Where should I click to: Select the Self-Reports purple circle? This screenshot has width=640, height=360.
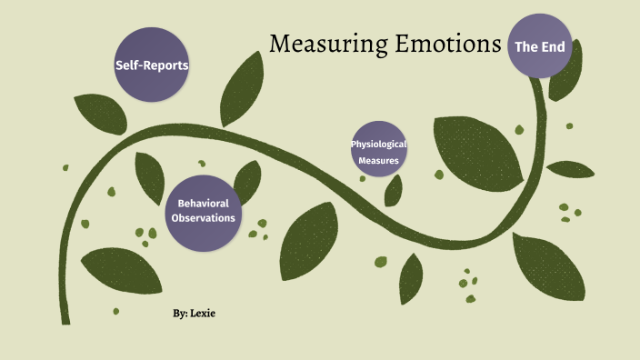click(x=152, y=64)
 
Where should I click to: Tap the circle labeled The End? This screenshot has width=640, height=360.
click(x=540, y=45)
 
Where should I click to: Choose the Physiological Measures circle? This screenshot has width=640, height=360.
click(x=378, y=150)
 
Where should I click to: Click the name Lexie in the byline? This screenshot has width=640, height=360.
click(x=205, y=313)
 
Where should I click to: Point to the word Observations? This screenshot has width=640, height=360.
click(x=204, y=218)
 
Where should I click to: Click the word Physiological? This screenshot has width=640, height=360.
click(x=378, y=144)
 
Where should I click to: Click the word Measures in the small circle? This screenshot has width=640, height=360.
click(x=378, y=160)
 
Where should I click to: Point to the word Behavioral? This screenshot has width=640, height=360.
click(x=204, y=203)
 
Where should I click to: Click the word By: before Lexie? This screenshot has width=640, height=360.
click(x=181, y=313)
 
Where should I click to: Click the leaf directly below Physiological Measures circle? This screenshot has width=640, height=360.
click(x=394, y=191)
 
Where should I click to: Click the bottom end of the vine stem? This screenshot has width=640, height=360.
click(x=65, y=318)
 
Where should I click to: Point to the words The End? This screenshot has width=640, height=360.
click(x=540, y=45)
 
